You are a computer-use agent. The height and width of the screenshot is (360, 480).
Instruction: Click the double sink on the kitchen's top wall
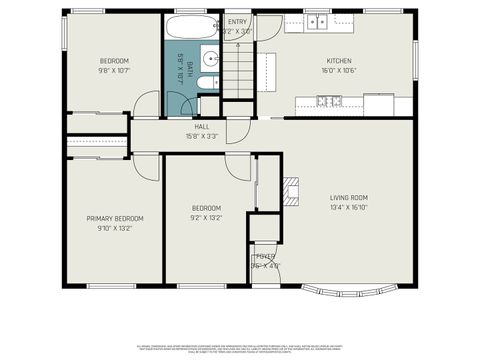click(x=317, y=21)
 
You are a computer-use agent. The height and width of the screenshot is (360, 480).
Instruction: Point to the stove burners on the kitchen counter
click(x=327, y=100)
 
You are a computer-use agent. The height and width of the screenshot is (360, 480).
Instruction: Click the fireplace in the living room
click(x=291, y=190)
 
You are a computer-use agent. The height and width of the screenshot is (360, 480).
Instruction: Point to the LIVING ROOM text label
click(x=349, y=197)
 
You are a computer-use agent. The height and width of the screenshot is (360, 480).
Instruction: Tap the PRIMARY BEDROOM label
click(x=115, y=218)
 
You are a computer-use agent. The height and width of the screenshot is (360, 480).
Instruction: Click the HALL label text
click(x=202, y=127)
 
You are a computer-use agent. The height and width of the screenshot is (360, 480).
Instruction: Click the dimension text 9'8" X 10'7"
click(x=114, y=71)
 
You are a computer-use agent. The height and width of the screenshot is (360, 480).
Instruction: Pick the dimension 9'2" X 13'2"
click(x=206, y=217)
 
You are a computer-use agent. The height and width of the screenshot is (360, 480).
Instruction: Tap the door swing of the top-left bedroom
click(x=147, y=102)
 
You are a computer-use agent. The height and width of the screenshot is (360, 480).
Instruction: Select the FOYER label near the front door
click(x=265, y=257)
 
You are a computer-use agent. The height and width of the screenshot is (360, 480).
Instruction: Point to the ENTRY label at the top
click(x=238, y=21)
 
